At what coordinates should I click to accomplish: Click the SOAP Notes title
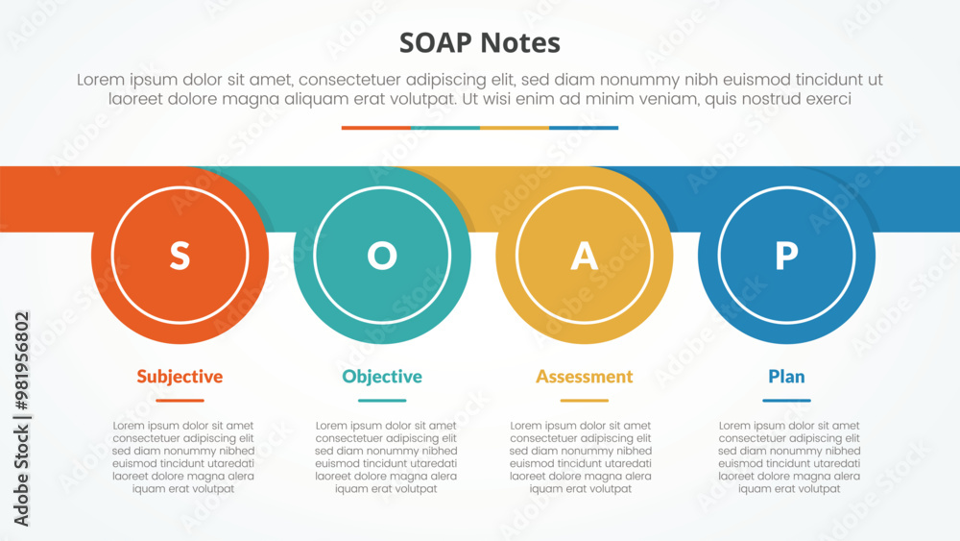click(479, 43)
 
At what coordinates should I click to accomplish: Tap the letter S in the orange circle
click(180, 256)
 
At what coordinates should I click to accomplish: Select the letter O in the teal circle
click(382, 256)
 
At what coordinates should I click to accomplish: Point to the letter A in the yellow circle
click(584, 256)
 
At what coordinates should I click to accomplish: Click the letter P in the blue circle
click(787, 256)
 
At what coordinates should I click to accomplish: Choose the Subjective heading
click(180, 376)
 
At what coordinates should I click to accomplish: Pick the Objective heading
click(382, 376)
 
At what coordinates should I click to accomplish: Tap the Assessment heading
click(584, 376)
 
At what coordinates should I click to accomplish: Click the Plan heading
click(787, 376)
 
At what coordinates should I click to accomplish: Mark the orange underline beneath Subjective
click(180, 401)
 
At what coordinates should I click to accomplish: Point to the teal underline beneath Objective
click(382, 401)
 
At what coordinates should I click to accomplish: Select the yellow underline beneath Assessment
click(584, 401)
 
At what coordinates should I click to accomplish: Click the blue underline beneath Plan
click(787, 401)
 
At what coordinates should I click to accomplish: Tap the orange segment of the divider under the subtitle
click(376, 128)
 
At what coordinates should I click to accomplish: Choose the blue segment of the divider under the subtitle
click(584, 128)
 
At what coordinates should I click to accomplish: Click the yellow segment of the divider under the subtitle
click(515, 128)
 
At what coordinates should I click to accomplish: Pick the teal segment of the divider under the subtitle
click(445, 128)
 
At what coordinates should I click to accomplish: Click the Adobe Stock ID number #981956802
click(21, 361)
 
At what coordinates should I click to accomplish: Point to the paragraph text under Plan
click(789, 457)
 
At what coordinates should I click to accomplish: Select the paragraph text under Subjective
click(183, 457)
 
